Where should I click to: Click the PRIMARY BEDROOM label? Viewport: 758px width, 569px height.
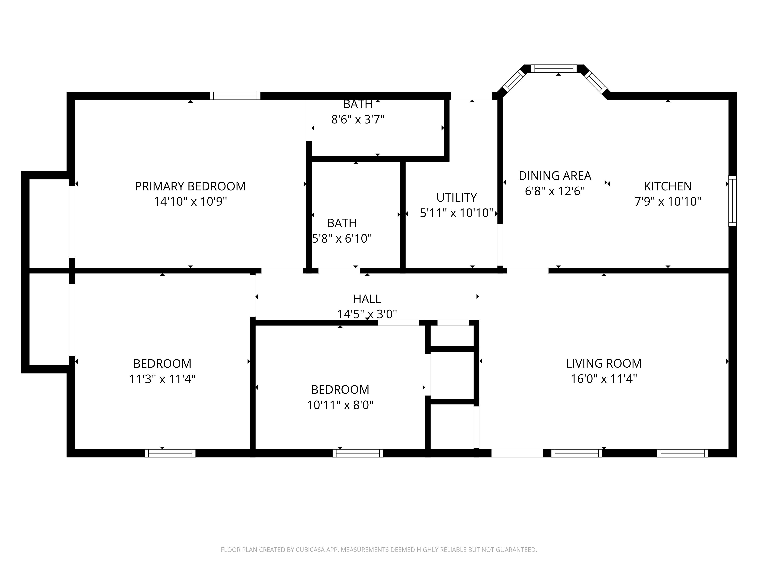click(x=190, y=186)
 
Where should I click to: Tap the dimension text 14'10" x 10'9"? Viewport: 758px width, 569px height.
click(x=190, y=201)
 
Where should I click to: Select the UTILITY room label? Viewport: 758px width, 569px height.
click(x=457, y=198)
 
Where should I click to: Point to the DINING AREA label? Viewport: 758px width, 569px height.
click(x=555, y=176)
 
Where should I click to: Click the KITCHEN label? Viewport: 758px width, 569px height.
click(x=668, y=186)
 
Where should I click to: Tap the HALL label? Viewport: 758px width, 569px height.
click(x=367, y=299)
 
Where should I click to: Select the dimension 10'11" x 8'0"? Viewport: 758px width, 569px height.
click(x=340, y=405)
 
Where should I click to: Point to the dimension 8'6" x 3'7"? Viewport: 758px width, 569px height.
click(x=358, y=119)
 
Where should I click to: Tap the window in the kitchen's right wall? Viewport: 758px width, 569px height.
click(x=732, y=201)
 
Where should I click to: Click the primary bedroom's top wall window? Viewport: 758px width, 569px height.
click(x=235, y=96)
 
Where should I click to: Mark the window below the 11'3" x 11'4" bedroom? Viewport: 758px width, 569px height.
click(x=170, y=453)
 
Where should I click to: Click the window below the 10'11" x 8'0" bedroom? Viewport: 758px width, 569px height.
click(x=358, y=453)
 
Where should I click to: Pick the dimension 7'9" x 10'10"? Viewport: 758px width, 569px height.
click(x=668, y=201)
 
